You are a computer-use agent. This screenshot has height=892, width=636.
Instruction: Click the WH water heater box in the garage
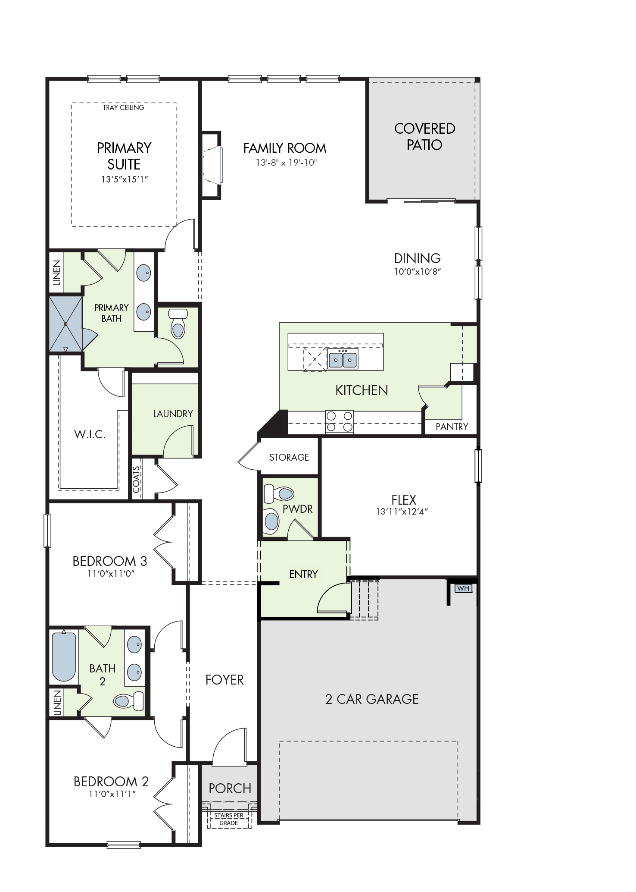click(x=463, y=588)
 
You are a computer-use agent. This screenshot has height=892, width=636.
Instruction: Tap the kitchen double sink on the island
click(x=343, y=358)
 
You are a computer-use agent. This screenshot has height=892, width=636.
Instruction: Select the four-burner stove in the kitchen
click(x=340, y=422)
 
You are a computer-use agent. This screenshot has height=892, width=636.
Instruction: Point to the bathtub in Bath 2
click(x=64, y=656)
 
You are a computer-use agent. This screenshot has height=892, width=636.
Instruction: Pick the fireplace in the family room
click(x=212, y=165)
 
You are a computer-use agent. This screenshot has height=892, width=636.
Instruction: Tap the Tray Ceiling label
click(x=123, y=107)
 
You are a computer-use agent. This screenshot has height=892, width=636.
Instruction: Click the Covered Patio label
click(x=424, y=136)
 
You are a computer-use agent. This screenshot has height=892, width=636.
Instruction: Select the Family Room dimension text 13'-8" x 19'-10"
click(x=286, y=163)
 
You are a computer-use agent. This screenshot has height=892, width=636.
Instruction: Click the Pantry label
click(x=452, y=427)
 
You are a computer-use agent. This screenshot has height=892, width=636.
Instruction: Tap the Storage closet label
click(x=289, y=457)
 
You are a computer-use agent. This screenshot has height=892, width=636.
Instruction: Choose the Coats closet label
click(x=136, y=479)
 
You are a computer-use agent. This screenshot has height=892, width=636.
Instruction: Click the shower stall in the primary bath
click(x=65, y=324)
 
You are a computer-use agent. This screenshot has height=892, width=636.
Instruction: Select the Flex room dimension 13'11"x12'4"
click(x=402, y=512)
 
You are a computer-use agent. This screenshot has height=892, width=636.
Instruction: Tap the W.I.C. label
click(x=90, y=434)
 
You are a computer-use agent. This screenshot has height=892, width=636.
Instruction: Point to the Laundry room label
click(x=173, y=414)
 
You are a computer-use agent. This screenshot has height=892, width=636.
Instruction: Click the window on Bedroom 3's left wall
click(x=47, y=531)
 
